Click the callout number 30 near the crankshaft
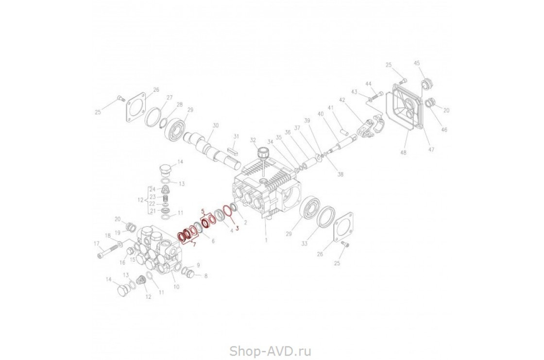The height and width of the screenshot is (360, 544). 216,126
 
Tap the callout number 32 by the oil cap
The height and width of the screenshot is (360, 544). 253,140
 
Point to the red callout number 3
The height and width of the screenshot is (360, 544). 237,227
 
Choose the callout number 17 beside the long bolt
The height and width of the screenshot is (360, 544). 96,244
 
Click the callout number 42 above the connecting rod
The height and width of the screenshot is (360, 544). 342,100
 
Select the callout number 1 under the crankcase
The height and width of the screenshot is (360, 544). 266,240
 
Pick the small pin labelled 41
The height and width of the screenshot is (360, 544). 344,130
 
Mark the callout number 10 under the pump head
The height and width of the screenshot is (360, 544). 176,287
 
